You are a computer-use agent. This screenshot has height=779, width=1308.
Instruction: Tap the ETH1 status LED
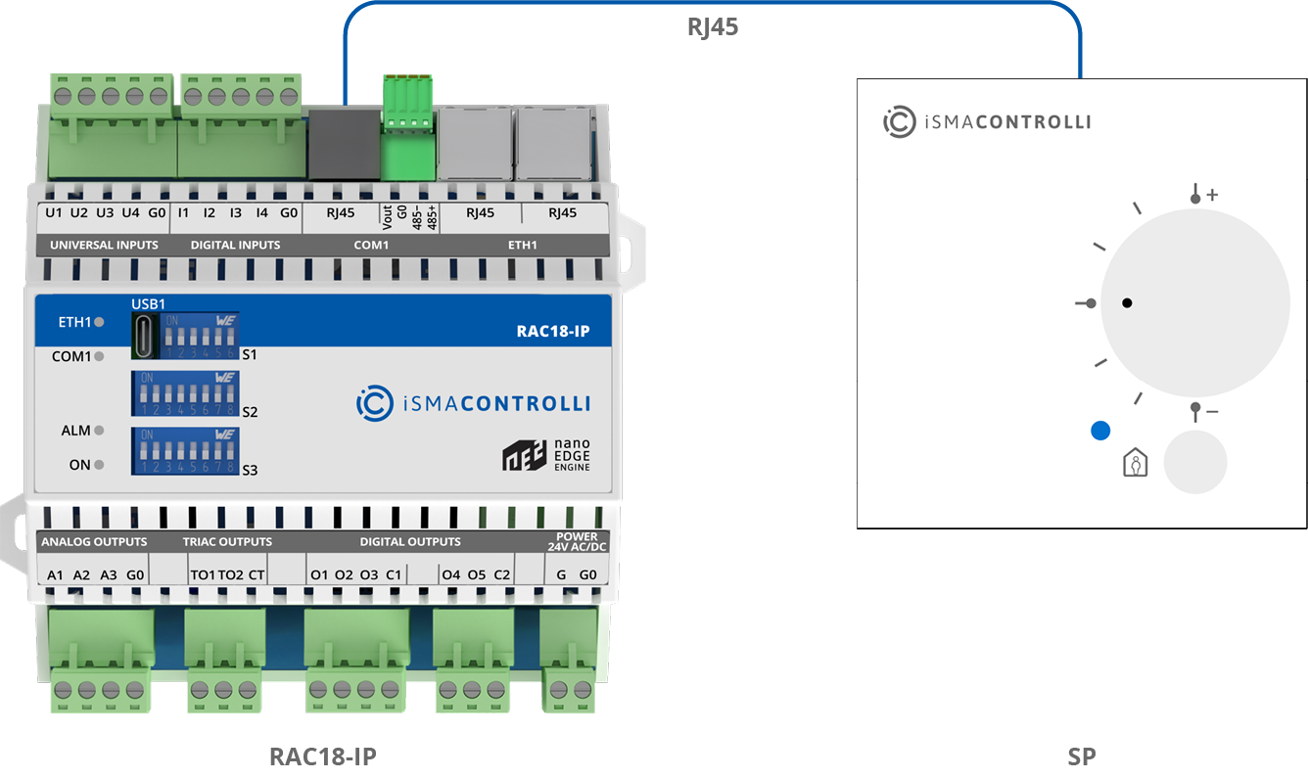coord(99,321)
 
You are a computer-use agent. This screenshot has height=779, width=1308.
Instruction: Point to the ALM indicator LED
coord(99,431)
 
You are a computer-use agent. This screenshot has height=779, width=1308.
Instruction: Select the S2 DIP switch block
coord(186,393)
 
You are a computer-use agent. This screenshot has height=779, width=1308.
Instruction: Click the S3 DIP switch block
coord(186,450)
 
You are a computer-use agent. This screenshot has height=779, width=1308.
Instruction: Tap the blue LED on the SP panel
coord(1100,431)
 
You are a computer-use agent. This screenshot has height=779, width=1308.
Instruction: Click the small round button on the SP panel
coord(1194,462)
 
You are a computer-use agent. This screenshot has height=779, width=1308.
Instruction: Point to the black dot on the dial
coord(1127,303)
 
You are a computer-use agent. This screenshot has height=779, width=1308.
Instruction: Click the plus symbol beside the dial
coord(1212,195)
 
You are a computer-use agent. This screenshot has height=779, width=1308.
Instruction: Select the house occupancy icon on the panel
coord(1135,463)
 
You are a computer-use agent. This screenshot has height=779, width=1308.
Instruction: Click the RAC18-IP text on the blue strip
coord(552,331)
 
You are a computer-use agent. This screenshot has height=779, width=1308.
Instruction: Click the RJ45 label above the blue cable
coord(712,27)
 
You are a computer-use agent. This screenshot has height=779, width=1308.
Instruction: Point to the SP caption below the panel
coord(1081,756)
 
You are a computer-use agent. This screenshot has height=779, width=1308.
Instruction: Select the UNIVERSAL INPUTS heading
coord(104,245)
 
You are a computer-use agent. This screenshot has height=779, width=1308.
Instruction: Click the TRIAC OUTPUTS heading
coord(227,541)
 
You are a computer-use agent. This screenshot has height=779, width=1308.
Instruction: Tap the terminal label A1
coord(56,574)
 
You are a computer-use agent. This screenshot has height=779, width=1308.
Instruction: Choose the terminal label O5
coord(476,574)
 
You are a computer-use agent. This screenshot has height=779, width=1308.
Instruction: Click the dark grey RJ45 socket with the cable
coord(344,143)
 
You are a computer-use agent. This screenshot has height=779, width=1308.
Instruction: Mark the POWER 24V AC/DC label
coord(577,541)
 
